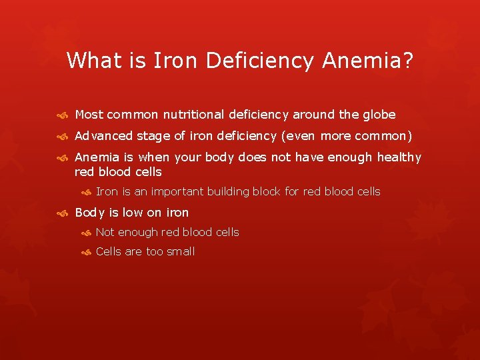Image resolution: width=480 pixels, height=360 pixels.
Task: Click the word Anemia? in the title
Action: tap(367, 61)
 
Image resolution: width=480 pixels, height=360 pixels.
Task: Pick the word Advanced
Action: tap(104, 136)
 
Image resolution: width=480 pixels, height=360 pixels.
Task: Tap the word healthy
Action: tap(399, 157)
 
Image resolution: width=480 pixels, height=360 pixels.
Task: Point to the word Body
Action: tap(89, 213)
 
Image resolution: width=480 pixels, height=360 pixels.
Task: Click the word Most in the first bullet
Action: tap(89, 115)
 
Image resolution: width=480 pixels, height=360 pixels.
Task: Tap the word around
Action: tap(315, 115)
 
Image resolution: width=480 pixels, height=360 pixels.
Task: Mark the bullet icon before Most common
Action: tap(62, 115)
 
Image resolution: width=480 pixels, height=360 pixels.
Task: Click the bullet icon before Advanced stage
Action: tap(62, 137)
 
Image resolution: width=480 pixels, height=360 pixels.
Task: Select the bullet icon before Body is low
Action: tap(62, 213)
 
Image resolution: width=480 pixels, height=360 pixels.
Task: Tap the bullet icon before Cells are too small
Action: tap(85, 252)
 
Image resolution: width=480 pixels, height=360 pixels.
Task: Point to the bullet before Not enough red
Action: tap(85, 233)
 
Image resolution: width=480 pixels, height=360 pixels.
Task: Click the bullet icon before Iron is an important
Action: tap(85, 193)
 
